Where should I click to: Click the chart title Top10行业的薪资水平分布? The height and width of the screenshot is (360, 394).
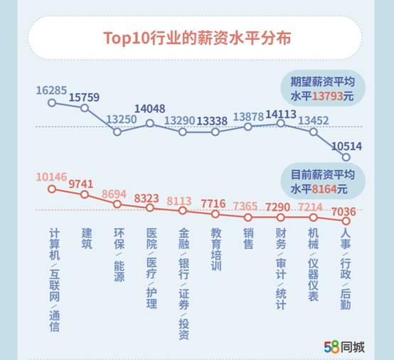tap(197, 37)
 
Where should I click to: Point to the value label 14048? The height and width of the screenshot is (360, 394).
tap(150, 109)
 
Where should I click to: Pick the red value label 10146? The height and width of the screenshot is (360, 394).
tap(51, 176)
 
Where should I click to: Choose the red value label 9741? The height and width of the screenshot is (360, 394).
tap(84, 183)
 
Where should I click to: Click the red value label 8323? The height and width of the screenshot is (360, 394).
tap(150, 197)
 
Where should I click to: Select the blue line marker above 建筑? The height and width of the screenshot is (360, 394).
tap(85, 108)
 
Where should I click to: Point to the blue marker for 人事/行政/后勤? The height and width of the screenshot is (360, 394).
tap(346, 157)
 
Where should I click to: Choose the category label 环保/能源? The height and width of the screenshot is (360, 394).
tap(118, 255)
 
